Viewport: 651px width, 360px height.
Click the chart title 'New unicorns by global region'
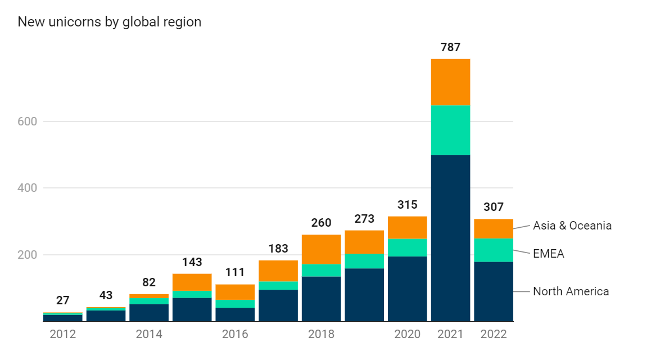pos(110,22)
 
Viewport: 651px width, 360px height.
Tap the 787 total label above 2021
pos(450,47)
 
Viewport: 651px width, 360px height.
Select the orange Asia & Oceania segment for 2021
pos(450,82)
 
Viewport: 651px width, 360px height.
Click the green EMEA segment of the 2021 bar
pos(450,130)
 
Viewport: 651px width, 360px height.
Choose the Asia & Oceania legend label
pos(572,226)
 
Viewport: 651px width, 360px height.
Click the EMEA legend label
pos(548,254)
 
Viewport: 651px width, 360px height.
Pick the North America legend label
pos(571,291)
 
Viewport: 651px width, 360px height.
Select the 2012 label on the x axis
pos(62,334)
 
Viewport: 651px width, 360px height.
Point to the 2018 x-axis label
pos(321,334)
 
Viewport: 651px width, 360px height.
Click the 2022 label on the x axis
pos(494,334)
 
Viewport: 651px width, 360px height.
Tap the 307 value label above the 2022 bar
pos(494,206)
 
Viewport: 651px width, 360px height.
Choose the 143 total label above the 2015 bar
pos(192,262)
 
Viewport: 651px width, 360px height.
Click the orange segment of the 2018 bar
pos(321,249)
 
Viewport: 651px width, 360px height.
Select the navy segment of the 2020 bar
pos(407,289)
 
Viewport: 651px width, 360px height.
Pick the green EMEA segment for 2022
pos(494,250)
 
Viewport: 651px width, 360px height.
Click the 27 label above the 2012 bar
pos(62,300)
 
